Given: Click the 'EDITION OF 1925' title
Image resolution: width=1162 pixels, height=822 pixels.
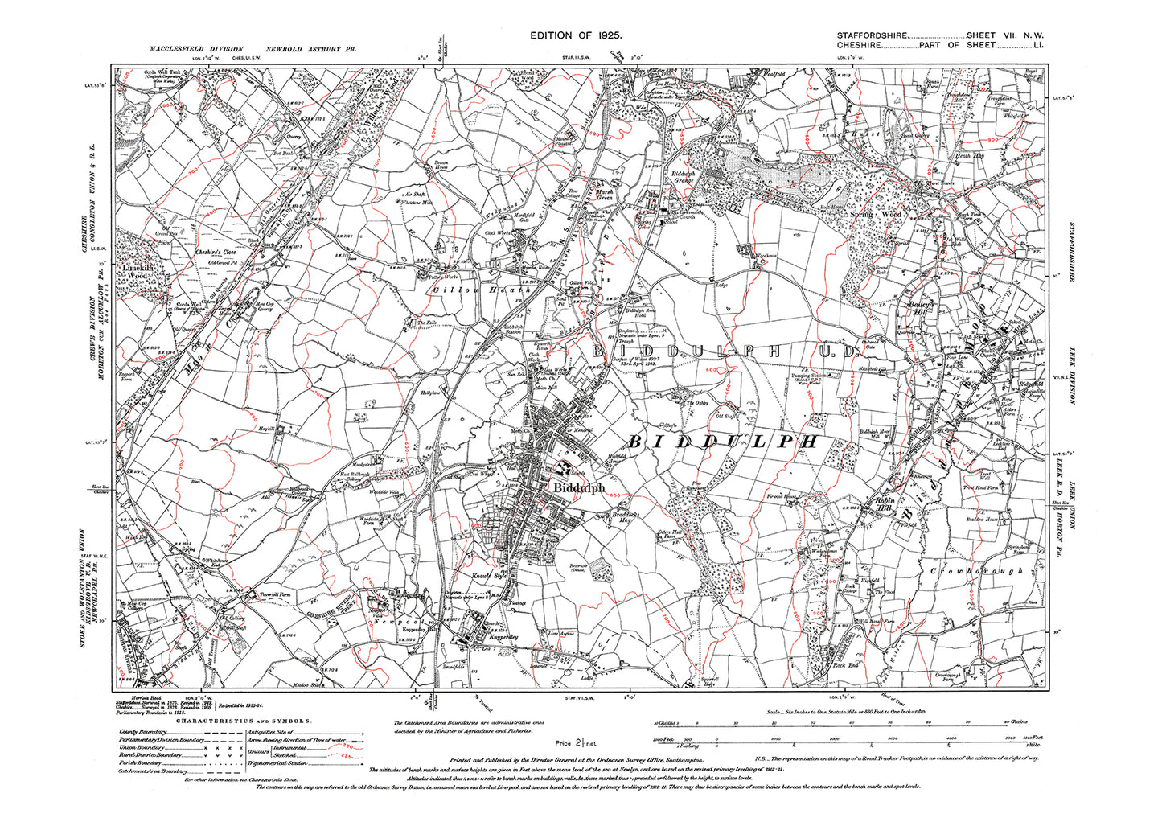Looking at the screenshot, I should click(x=576, y=35).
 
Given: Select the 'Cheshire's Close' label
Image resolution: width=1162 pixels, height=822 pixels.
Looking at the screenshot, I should click(x=214, y=252).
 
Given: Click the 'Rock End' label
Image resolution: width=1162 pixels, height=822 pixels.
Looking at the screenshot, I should click(x=844, y=666).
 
